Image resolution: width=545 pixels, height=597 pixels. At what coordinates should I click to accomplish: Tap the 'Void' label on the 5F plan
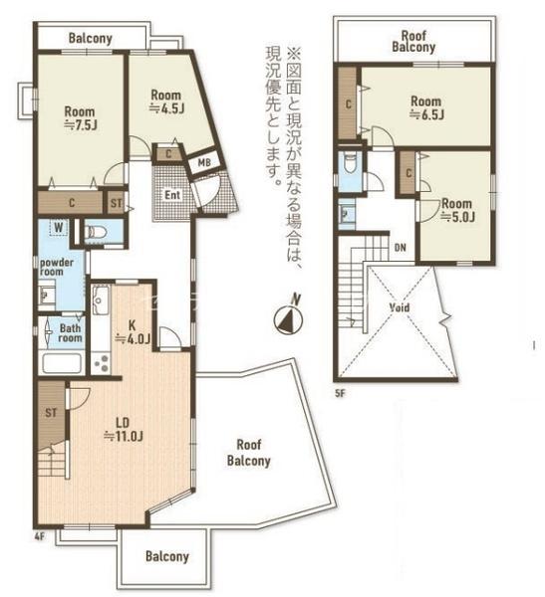pos(400,307)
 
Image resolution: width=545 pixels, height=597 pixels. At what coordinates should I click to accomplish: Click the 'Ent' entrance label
pos(172,194)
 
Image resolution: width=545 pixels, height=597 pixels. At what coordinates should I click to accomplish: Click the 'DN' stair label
pos(400,248)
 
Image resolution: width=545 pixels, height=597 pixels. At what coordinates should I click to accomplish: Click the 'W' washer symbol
pos(58,228)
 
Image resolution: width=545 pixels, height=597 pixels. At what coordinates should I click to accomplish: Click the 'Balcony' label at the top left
pos(90,39)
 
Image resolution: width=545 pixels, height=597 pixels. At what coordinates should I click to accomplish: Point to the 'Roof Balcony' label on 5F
pos(412,40)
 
